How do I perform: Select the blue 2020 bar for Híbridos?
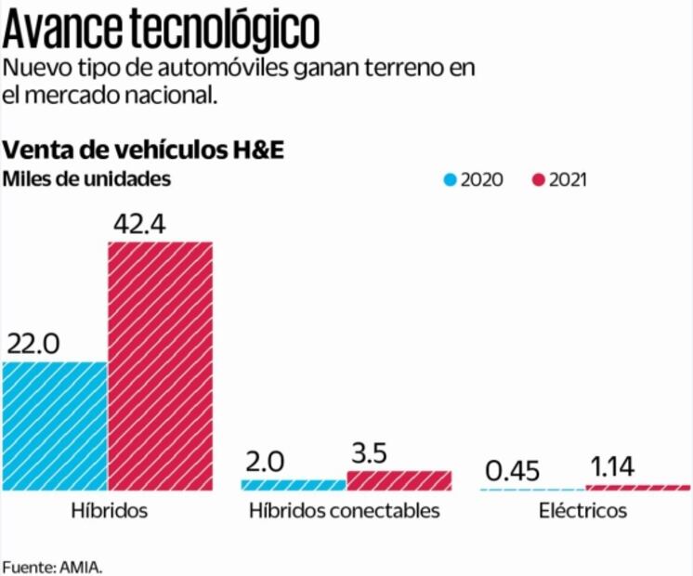coord(55,425)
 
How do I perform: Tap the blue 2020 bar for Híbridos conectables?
coord(294,484)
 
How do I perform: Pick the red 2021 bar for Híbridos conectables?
coord(399,479)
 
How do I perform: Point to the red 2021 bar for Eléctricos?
coord(638,487)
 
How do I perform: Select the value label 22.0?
coord(33,344)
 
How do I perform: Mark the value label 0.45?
coord(514,471)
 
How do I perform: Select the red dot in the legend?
coord(538,179)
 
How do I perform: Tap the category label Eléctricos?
coord(583,511)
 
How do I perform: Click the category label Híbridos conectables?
coord(345,511)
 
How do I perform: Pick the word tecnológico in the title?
coord(221,30)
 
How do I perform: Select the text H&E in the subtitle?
coord(263,150)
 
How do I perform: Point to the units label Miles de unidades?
coord(87,178)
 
